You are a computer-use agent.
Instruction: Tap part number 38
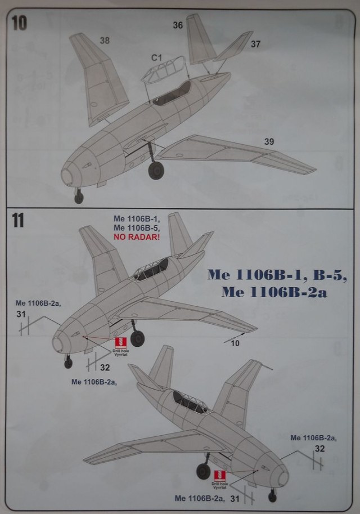point(105,40)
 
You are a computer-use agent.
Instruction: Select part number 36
point(178,25)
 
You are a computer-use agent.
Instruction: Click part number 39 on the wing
point(269,141)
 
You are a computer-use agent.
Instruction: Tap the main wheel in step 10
point(156,169)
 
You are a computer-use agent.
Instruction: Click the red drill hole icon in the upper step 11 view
point(119,342)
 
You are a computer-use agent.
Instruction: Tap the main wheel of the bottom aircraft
point(204,471)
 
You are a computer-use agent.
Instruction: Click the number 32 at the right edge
point(319,449)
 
